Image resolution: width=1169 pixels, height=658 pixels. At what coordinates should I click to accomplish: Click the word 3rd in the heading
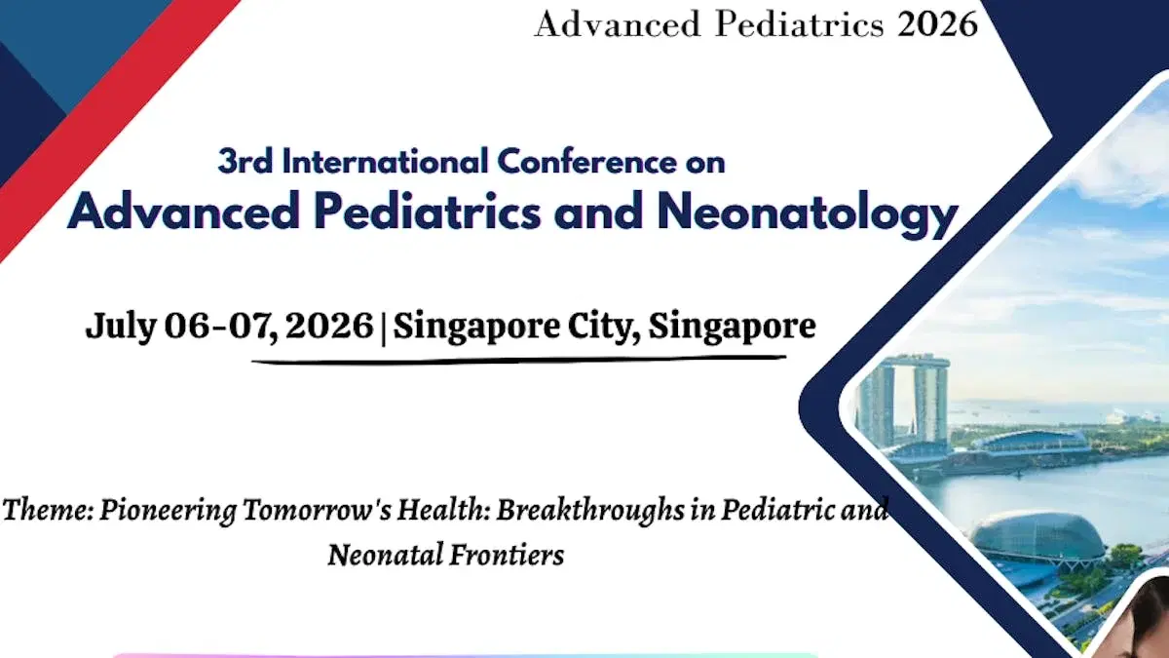pyautogui.click(x=245, y=161)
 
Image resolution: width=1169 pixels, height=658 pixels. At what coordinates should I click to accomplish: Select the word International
pyautogui.click(x=384, y=161)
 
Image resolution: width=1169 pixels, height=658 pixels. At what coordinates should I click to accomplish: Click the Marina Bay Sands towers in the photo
pyautogui.click(x=902, y=400)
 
